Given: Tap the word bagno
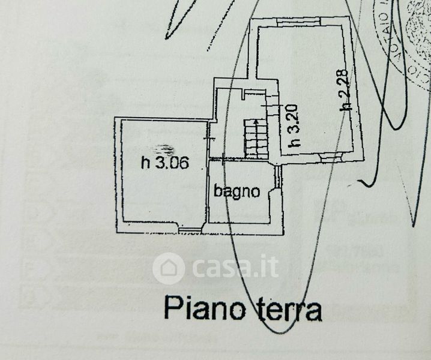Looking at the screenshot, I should pyautogui.click(x=237, y=192).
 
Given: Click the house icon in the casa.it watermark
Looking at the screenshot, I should pyautogui.click(x=169, y=267).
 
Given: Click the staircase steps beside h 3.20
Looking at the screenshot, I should pyautogui.click(x=256, y=139).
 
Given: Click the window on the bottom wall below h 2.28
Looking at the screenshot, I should pyautogui.click(x=329, y=157).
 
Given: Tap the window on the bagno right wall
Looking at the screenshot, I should pyautogui.click(x=278, y=176).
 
